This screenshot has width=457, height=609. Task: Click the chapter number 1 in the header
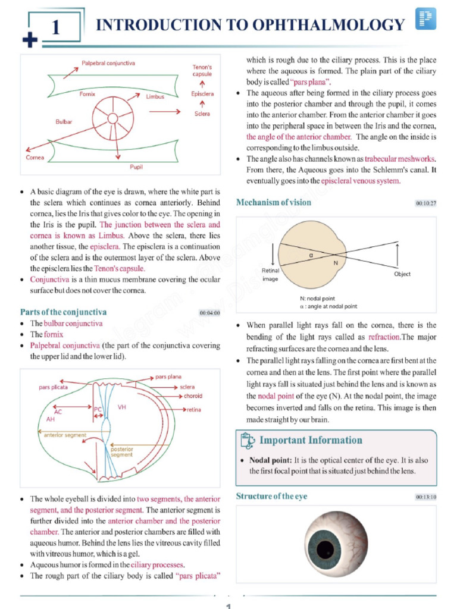click(55, 27)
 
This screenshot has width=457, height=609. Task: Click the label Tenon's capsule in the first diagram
click(202, 71)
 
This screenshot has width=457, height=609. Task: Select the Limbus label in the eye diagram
click(155, 96)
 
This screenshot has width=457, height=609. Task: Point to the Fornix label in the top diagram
click(87, 94)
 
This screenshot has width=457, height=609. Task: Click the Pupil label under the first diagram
click(136, 167)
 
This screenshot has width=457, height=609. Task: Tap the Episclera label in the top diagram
click(202, 94)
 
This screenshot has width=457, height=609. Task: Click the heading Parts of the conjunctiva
click(63, 312)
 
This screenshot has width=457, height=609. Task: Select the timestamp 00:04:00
click(209, 313)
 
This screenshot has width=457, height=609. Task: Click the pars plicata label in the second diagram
click(54, 387)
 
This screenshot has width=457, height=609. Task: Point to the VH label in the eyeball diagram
click(122, 407)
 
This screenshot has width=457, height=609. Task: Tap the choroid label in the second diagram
click(192, 395)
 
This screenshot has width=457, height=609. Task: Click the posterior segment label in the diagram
click(122, 452)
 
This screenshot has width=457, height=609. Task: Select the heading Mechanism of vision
click(273, 202)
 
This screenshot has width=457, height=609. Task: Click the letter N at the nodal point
click(336, 262)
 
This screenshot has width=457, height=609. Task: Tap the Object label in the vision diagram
click(402, 274)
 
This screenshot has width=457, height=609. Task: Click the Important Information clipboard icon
click(247, 441)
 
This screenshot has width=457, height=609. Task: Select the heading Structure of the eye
click(271, 496)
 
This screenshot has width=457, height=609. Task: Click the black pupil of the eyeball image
click(327, 548)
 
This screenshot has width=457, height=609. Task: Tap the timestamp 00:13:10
click(426, 497)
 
